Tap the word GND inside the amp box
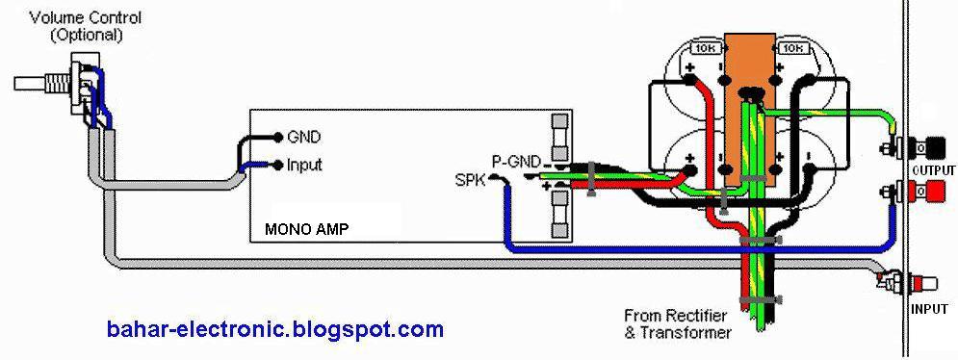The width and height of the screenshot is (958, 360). pos(303,137)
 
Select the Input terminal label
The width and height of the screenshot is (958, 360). pos(304,165)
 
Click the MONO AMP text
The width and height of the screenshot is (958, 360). pos(306,230)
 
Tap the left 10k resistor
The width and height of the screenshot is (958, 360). pos(704,48)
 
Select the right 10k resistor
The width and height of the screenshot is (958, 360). pos(792,48)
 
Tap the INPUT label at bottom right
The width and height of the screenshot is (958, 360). pos(929,309)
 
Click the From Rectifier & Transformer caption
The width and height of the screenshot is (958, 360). pos(677,323)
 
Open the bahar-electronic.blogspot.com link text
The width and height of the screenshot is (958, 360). pos(275,330)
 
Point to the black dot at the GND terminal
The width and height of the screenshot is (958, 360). pos(278,137)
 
